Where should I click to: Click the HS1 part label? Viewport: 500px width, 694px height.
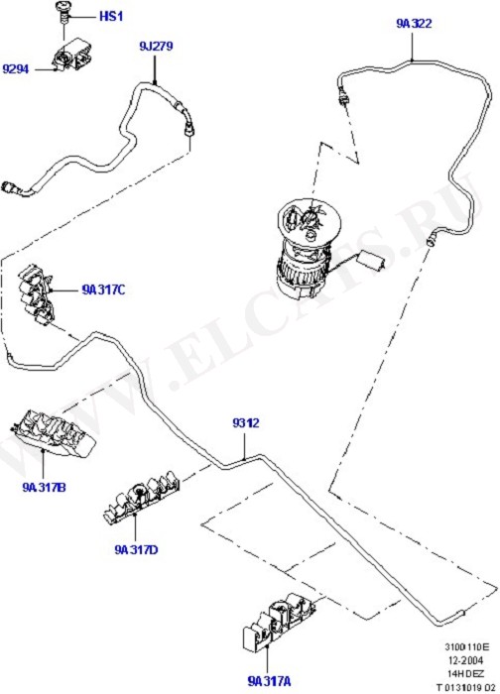[x=111, y=17]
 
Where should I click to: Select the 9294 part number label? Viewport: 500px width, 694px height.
[x=16, y=69]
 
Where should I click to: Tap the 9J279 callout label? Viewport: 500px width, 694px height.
[x=156, y=46]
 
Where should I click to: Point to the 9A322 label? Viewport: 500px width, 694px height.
[x=414, y=24]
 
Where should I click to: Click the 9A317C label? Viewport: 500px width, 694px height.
[x=103, y=289]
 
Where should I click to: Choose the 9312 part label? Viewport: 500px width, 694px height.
[x=246, y=423]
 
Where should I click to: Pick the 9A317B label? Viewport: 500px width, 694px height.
[x=44, y=488]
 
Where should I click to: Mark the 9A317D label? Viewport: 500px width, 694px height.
[x=136, y=549]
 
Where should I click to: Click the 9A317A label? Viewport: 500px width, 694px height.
[x=269, y=681]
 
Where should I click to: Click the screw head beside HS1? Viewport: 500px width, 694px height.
[x=63, y=7]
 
